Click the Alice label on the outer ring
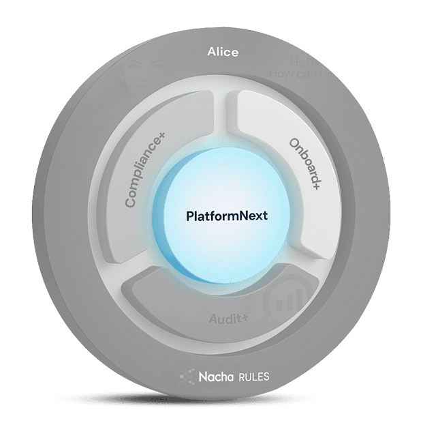pyautogui.click(x=223, y=53)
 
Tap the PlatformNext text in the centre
pyautogui.click(x=227, y=216)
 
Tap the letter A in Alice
pyautogui.click(x=210, y=53)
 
